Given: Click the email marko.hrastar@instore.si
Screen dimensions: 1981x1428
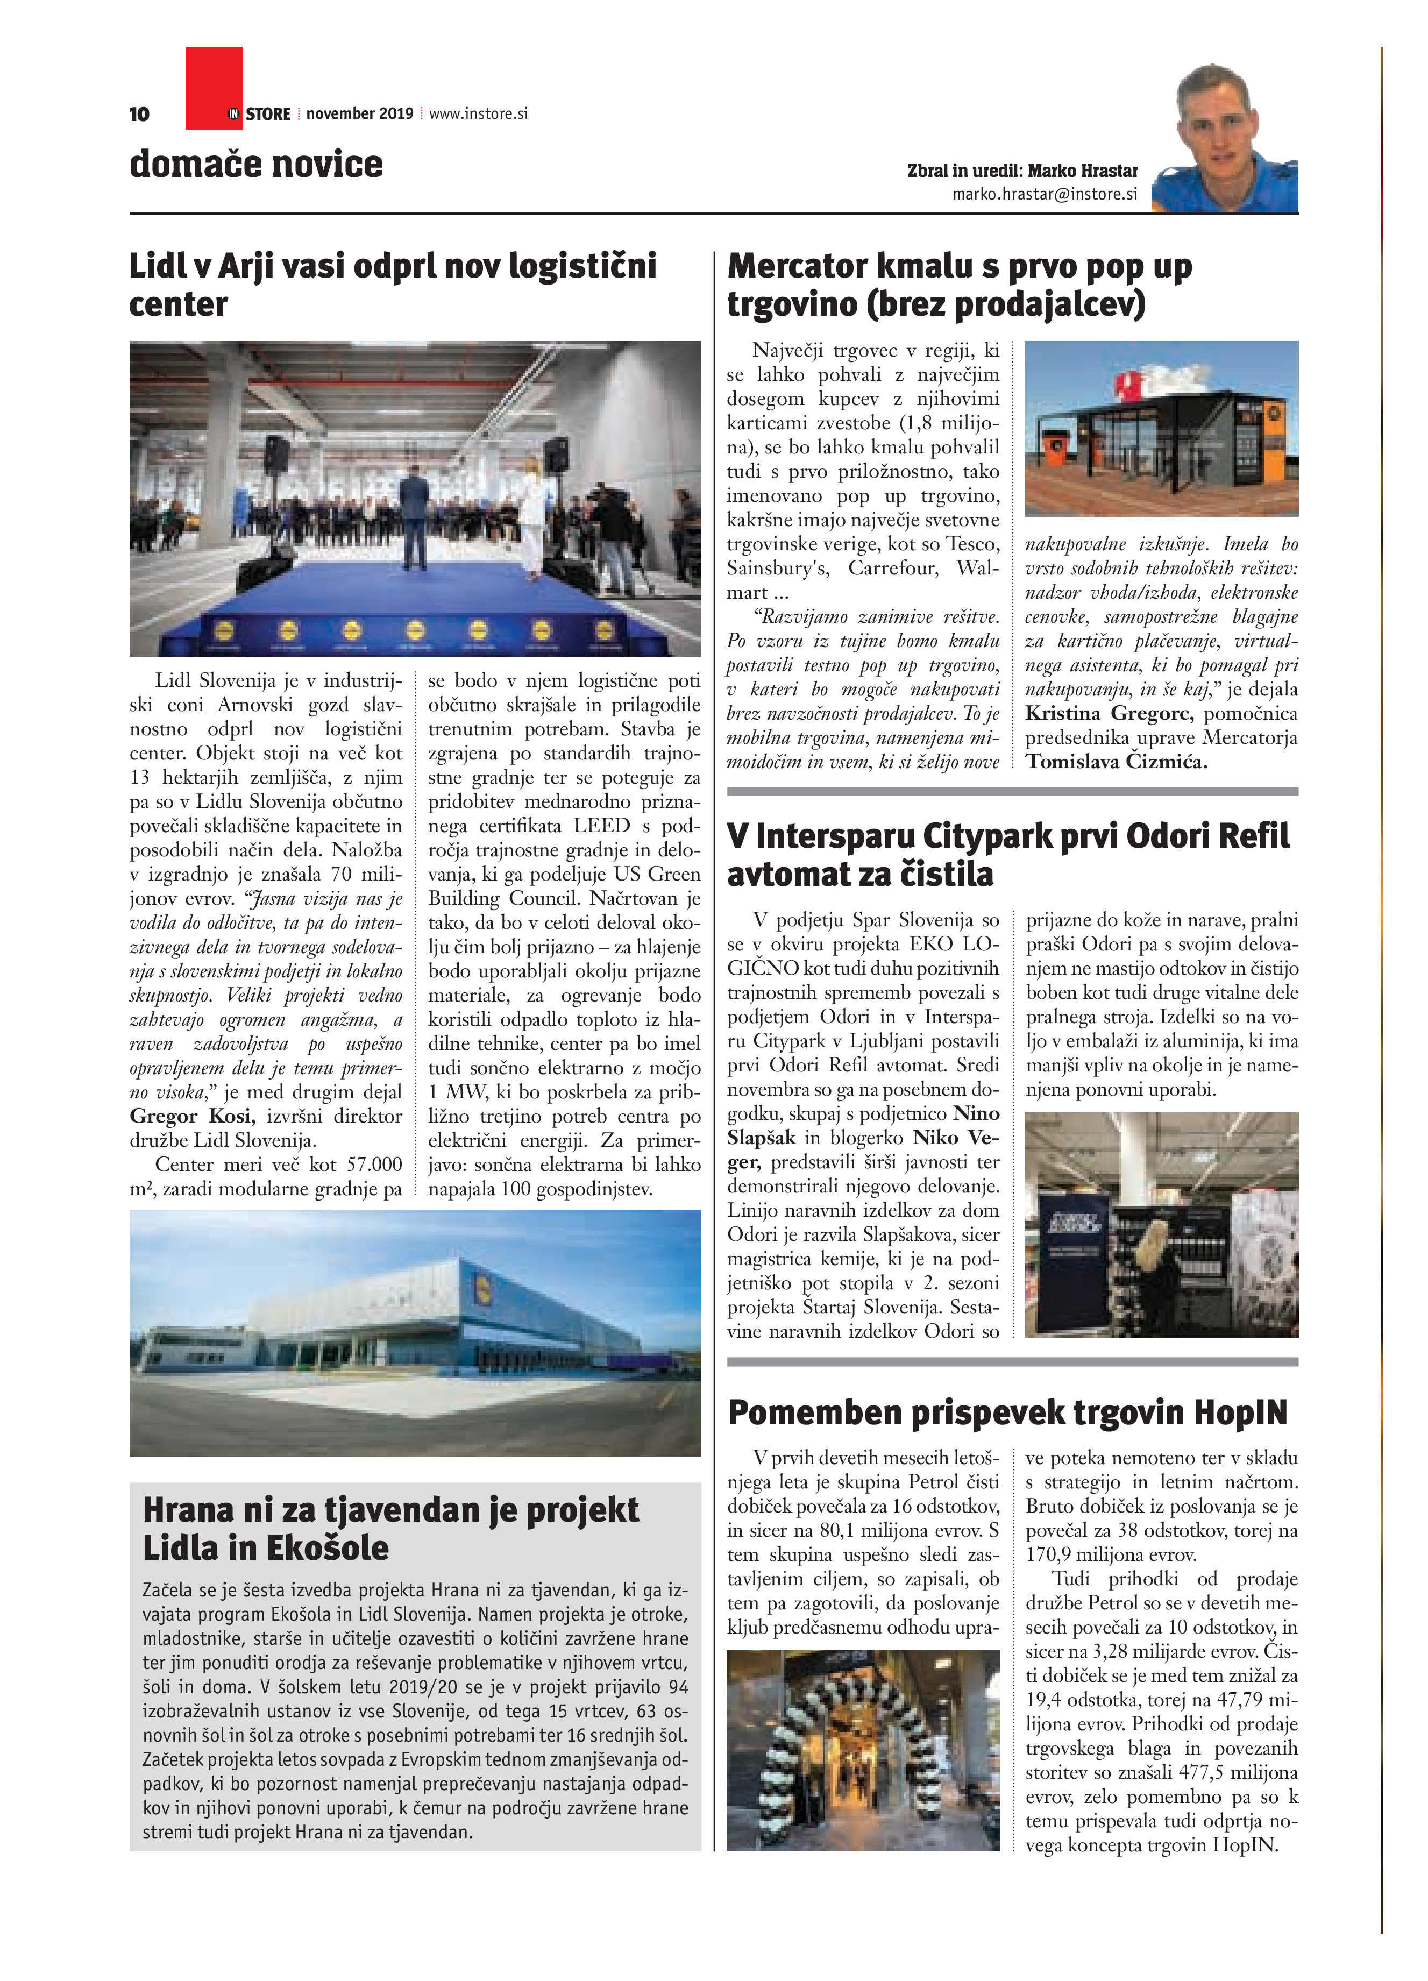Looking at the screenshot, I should pyautogui.click(x=1045, y=194).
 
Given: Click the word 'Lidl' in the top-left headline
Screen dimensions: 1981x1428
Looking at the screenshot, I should pyautogui.click(x=157, y=266).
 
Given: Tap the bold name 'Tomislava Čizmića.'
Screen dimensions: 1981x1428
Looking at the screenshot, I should pyautogui.click(x=1116, y=762).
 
